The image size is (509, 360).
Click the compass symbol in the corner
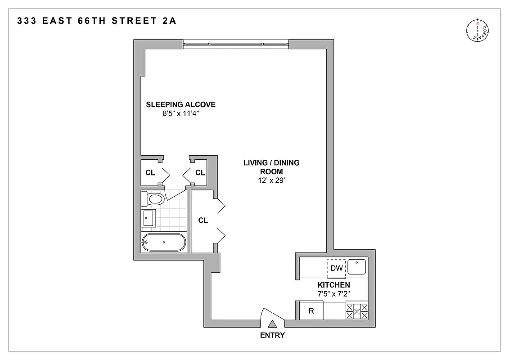(477, 31)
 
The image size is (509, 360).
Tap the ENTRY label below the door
(272, 335)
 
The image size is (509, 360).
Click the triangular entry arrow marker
(272, 324)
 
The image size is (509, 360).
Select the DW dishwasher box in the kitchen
(337, 268)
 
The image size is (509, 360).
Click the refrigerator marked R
(311, 311)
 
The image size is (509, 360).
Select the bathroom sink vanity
(148, 219)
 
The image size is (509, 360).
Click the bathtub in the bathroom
(164, 243)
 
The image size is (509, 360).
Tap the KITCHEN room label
(333, 285)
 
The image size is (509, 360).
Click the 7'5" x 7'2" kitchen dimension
(333, 293)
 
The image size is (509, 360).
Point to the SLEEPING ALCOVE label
(180, 105)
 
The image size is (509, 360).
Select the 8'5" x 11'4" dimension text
(180, 114)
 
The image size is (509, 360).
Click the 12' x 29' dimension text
(271, 180)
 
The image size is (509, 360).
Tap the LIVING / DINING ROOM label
(271, 167)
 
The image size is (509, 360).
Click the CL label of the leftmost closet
(150, 172)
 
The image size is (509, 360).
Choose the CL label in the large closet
(203, 220)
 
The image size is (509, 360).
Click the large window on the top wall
(236, 44)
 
